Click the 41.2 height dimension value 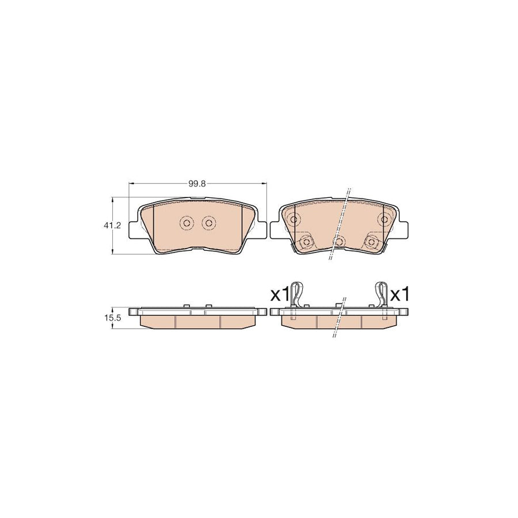pos(113,226)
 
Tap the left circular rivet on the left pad pos(186,223)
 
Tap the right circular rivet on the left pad pos(208,223)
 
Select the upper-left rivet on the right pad pos(294,219)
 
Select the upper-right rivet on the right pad pos(385,219)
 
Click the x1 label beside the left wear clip pos(279,295)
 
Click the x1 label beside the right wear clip pos(399,295)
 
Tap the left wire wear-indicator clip pos(295,296)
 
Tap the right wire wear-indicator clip pos(382,296)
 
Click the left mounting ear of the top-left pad pos(136,227)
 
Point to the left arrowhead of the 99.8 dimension pos(130,184)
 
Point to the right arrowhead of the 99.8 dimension pos(265,184)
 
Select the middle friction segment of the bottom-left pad pos(197,321)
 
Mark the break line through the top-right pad pos(340,224)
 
